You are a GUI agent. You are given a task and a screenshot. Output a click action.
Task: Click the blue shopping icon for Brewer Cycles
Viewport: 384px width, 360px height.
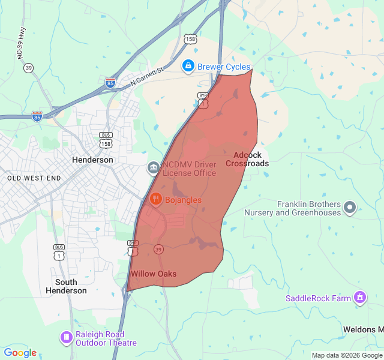[x=188, y=66]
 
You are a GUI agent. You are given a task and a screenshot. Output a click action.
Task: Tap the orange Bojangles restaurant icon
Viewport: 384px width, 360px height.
[x=155, y=199]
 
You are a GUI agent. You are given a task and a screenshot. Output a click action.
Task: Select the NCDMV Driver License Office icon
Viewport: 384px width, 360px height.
[x=154, y=167]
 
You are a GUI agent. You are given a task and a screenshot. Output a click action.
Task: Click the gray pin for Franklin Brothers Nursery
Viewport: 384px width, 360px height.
[x=350, y=208]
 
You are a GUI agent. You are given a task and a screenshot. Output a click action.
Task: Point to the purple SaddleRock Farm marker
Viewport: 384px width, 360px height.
[x=360, y=297]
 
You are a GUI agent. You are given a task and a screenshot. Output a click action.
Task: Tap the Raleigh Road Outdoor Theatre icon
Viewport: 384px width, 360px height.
[x=65, y=338]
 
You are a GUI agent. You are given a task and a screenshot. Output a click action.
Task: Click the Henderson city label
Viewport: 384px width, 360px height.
[x=92, y=160]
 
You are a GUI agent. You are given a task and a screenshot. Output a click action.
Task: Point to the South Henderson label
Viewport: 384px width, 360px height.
[x=66, y=286]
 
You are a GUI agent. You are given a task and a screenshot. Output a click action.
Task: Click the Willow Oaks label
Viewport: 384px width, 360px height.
[x=154, y=274]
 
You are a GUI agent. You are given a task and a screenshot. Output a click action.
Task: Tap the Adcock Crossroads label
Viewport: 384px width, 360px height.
[x=247, y=159]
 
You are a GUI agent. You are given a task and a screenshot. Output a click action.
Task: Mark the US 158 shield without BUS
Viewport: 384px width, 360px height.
[x=190, y=39]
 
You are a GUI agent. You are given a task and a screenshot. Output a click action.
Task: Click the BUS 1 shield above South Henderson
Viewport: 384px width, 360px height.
[x=59, y=252]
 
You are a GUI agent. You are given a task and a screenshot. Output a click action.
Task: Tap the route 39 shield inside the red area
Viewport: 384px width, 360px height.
[x=158, y=249]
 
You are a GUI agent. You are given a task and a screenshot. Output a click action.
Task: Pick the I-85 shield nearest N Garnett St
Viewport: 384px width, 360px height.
[x=110, y=83]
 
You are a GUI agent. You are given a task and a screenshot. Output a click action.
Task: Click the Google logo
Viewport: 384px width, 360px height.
[x=20, y=353]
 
